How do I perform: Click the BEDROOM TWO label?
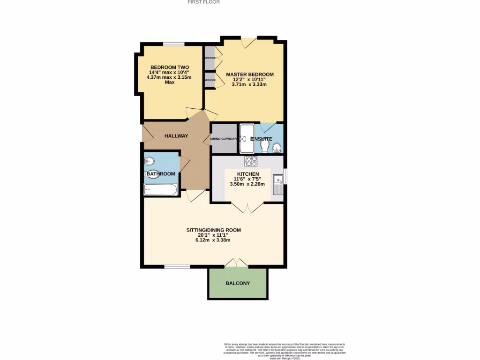click(169, 67)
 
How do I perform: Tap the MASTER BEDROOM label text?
click(249, 75)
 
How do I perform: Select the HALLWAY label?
click(176, 136)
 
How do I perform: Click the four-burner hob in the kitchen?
click(251, 161)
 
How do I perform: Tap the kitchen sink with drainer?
click(277, 184)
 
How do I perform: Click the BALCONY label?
click(238, 283)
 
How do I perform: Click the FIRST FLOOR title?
click(203, 2)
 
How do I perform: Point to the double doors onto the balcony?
click(237, 263)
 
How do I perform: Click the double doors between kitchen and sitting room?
click(247, 206)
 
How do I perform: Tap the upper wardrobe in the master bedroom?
click(209, 58)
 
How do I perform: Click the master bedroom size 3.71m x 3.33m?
click(249, 85)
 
